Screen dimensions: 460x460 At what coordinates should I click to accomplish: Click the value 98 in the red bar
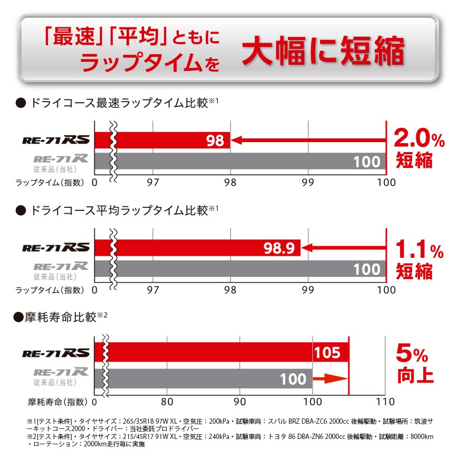216,141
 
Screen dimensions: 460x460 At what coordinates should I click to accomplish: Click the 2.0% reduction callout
419,139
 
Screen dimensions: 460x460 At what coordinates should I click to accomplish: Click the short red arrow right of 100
331,378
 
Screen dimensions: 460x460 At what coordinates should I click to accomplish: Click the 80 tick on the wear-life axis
167,402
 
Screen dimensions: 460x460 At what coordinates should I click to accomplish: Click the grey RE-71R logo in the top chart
61,158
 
